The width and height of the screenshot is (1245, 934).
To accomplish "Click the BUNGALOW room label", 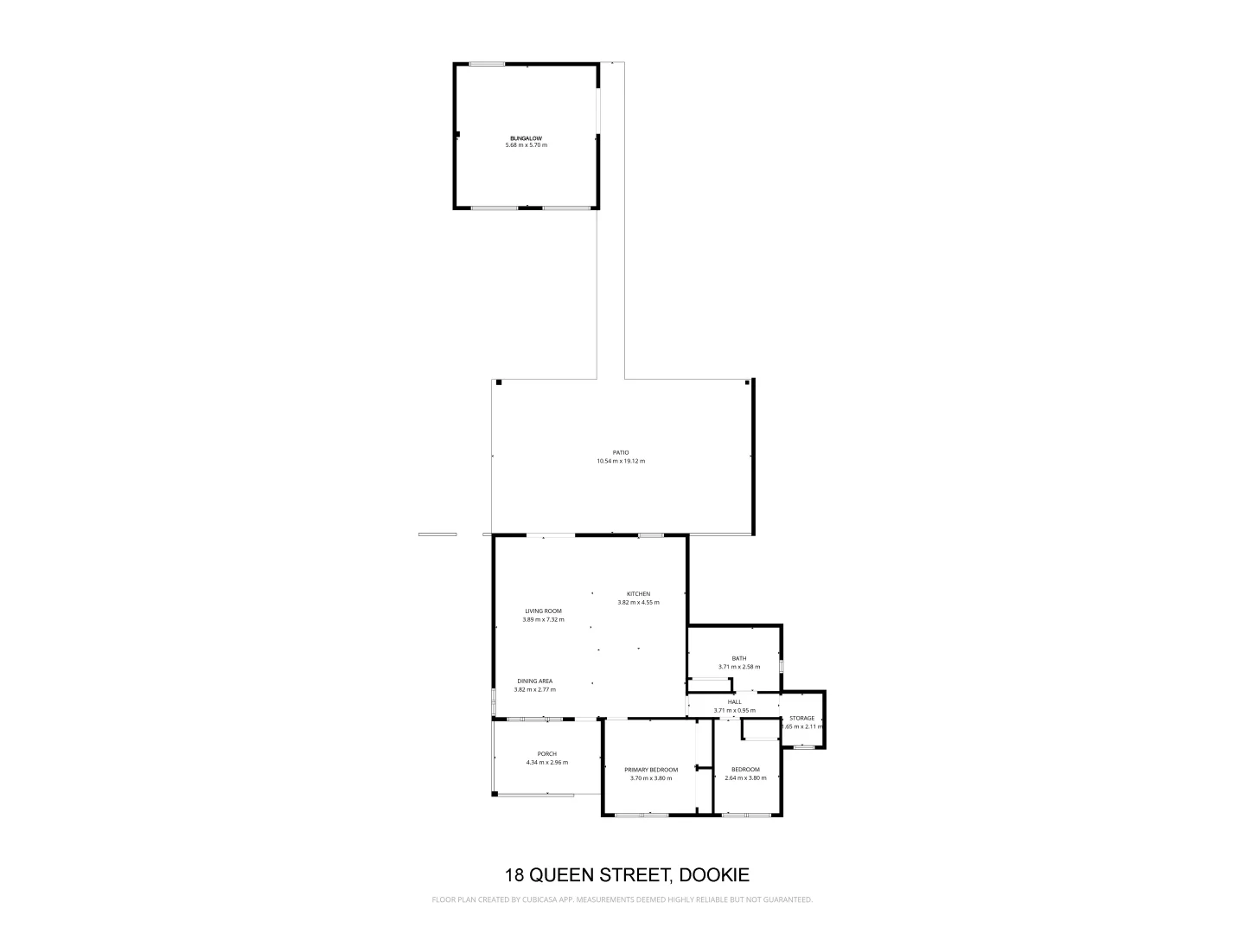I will (x=526, y=138).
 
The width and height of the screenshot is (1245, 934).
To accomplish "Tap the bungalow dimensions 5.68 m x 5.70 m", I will (x=526, y=145).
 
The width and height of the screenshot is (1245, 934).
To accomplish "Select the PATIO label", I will (x=621, y=452).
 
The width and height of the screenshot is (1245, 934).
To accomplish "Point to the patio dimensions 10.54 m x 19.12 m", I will (x=621, y=461).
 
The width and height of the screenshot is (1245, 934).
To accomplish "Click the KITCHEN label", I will (x=638, y=593).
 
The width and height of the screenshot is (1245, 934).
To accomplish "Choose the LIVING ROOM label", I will (x=543, y=611).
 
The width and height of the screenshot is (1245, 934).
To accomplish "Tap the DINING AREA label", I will (x=534, y=681).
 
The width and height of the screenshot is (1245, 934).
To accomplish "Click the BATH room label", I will (x=738, y=658).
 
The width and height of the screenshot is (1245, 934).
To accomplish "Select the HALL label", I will (x=734, y=701).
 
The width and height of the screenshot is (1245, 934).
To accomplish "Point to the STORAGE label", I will (x=801, y=718).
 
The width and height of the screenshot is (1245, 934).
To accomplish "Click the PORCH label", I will (x=546, y=753).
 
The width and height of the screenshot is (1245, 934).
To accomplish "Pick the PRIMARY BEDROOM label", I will (x=651, y=770).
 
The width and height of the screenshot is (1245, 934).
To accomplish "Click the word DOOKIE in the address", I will (x=714, y=874).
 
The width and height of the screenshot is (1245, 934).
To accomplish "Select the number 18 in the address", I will (x=514, y=874).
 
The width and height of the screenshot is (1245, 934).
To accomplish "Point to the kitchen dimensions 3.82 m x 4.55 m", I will (x=638, y=602).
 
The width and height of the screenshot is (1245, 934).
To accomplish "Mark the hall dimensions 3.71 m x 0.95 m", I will (x=734, y=710).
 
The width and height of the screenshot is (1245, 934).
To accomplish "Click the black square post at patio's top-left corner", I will (x=498, y=383).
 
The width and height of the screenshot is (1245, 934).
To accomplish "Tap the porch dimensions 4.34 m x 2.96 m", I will (x=546, y=762).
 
